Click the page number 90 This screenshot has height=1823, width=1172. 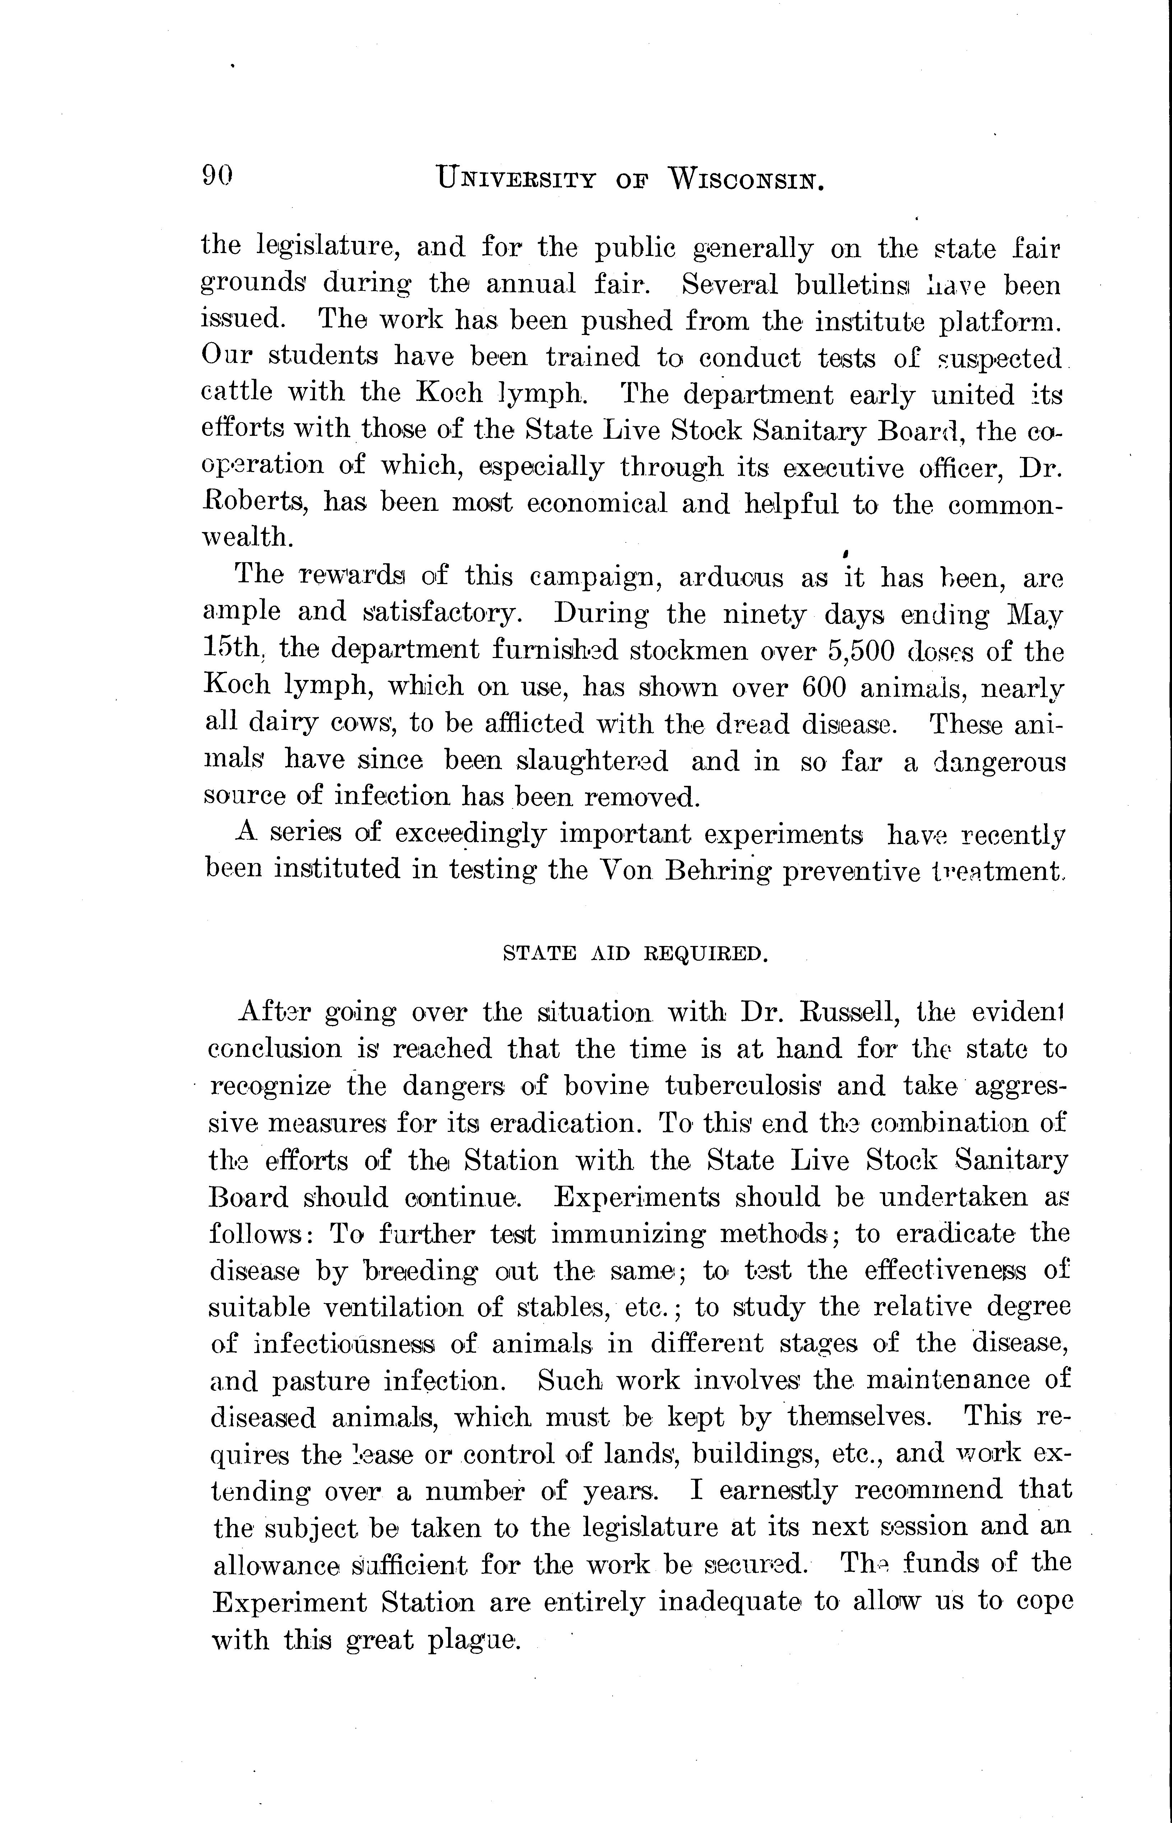[217, 177]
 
